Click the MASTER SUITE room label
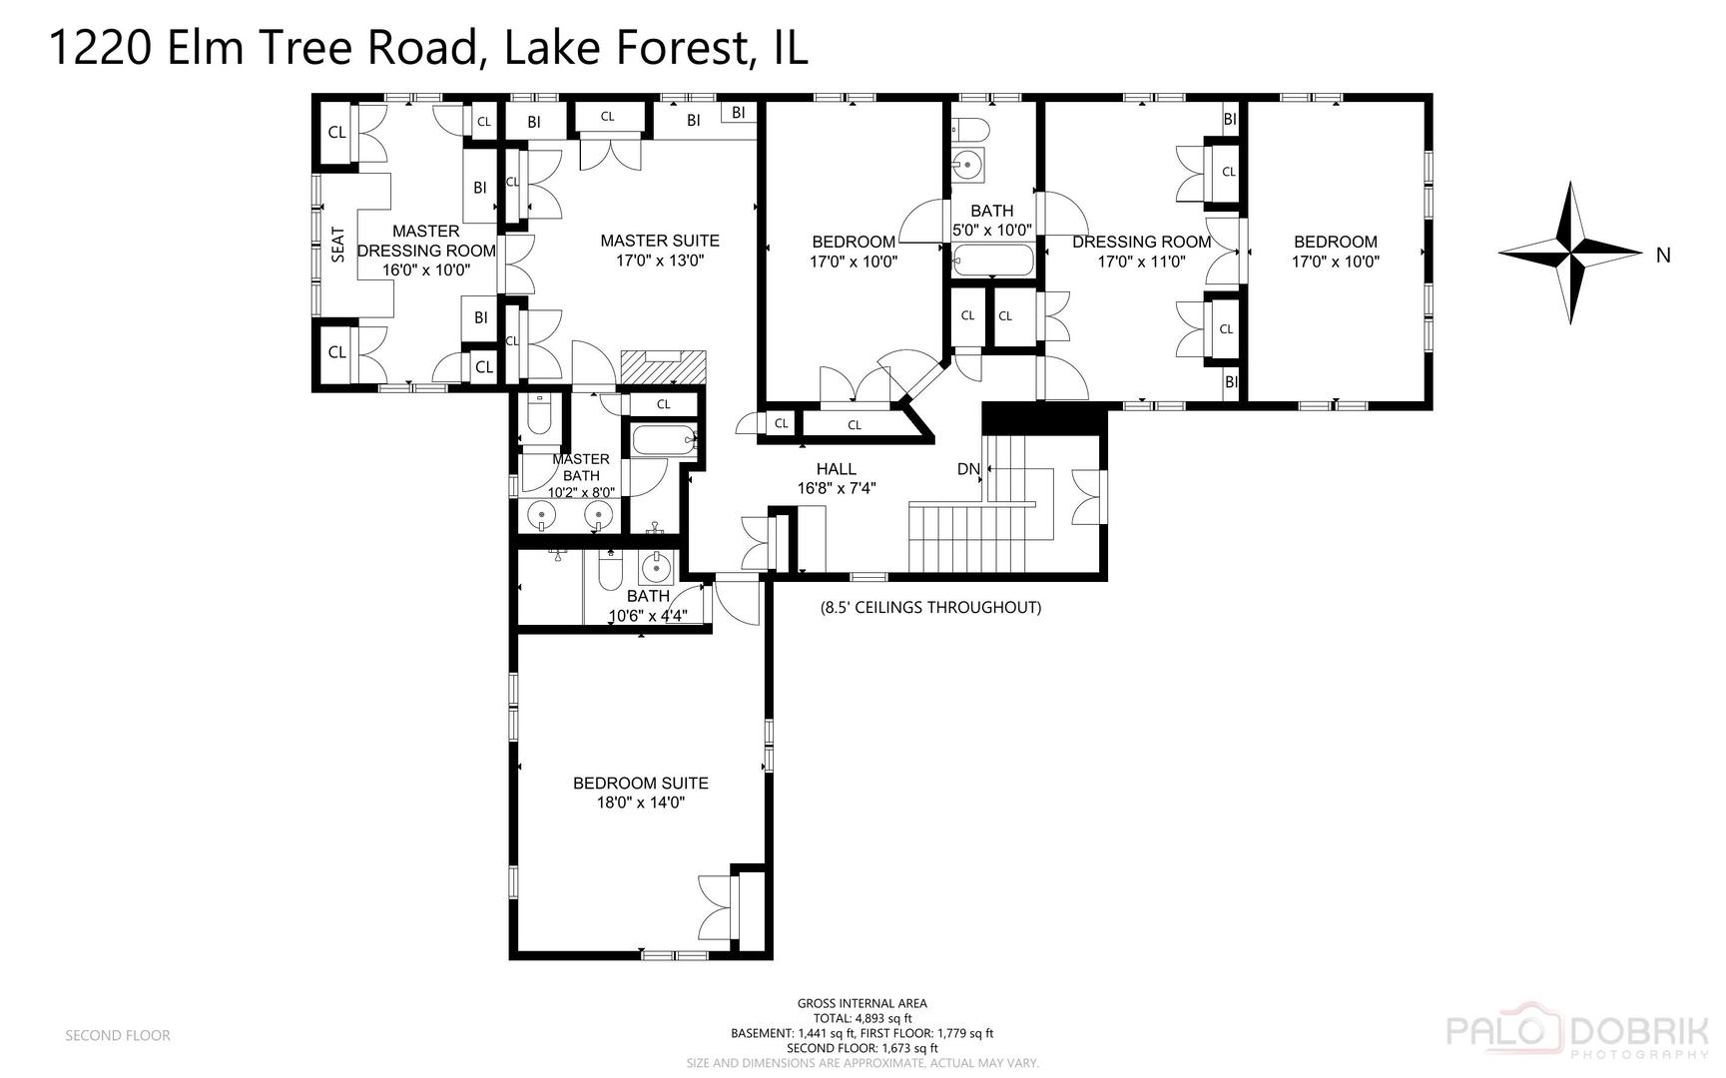(x=659, y=250)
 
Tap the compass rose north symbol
(x=1570, y=252)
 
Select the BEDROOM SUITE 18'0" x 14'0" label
(x=640, y=793)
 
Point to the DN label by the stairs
(x=968, y=469)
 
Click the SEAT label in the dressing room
(x=337, y=245)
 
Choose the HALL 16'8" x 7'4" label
(x=836, y=478)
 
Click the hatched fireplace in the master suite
(x=663, y=366)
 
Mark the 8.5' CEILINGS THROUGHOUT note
(x=930, y=607)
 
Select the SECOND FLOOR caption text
(x=118, y=1035)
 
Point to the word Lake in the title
(x=547, y=47)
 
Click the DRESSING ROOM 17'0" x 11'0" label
(x=1141, y=252)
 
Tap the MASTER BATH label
(x=580, y=467)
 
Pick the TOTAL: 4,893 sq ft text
(x=862, y=1018)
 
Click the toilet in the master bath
(x=539, y=415)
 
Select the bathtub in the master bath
(x=661, y=438)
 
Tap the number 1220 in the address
(x=100, y=47)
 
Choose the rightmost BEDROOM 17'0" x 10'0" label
(x=1335, y=252)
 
